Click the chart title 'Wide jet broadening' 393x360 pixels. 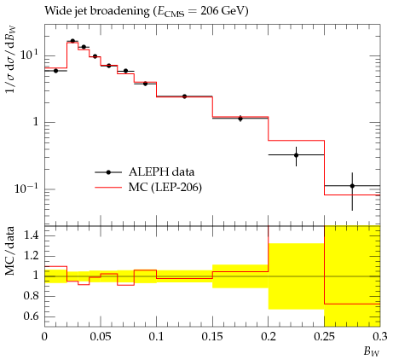click(x=97, y=11)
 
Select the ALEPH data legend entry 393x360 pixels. click(x=145, y=172)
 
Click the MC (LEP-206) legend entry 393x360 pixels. click(x=148, y=188)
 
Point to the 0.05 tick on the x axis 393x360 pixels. click(x=100, y=337)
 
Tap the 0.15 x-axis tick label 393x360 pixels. click(x=212, y=337)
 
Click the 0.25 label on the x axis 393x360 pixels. click(x=324, y=337)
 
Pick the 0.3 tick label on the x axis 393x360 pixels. click(x=380, y=337)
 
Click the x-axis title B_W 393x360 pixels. click(x=372, y=351)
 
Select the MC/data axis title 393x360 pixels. click(x=10, y=251)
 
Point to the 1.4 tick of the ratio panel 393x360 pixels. click(x=31, y=235)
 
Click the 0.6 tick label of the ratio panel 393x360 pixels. click(x=31, y=316)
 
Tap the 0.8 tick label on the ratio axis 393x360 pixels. click(x=31, y=296)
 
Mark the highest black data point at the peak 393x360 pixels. click(x=72, y=41)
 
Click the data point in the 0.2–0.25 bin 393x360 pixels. click(x=297, y=155)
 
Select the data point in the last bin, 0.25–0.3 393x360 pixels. click(x=352, y=186)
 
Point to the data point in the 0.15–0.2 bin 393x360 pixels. click(x=240, y=119)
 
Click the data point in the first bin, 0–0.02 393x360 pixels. click(x=55, y=71)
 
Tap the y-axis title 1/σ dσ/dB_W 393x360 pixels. click(x=11, y=60)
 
